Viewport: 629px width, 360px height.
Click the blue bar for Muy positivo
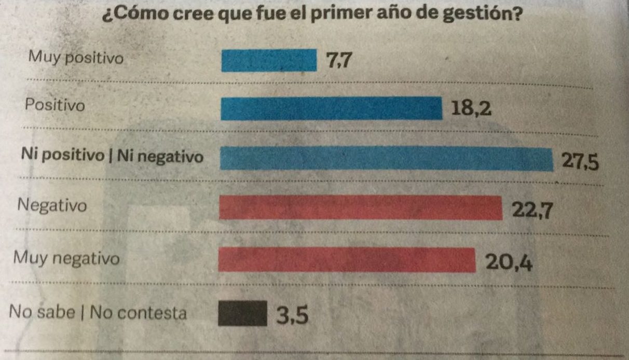pos(269,60)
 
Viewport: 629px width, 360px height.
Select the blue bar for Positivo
pos(331,108)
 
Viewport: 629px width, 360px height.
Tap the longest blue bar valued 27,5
pos(386,159)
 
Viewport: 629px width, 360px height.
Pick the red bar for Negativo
pos(361,208)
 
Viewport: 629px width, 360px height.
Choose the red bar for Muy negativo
pos(347,260)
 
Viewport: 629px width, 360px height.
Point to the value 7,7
pos(340,61)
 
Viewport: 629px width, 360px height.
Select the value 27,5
pos(580,162)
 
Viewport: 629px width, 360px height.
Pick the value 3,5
pos(292,315)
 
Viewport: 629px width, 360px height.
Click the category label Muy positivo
pos(76,58)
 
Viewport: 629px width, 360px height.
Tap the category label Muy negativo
pos(67,258)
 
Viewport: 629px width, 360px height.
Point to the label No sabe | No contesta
pos(98,313)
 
